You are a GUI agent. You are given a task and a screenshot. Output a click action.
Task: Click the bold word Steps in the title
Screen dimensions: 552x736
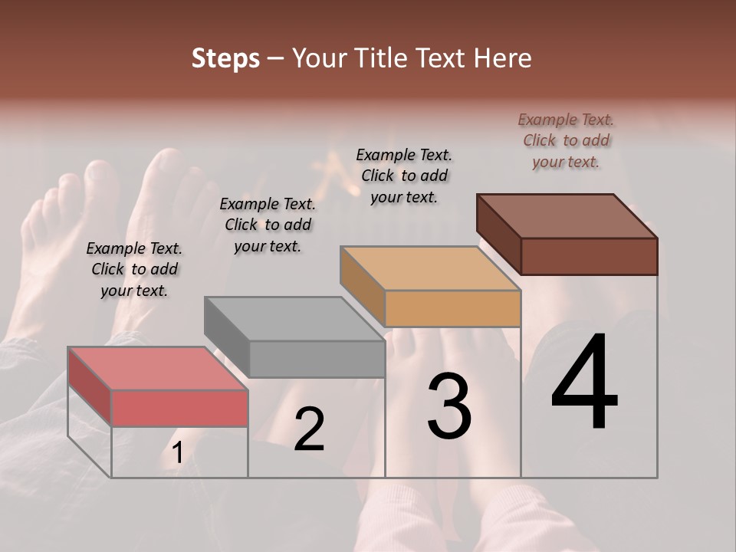[225, 58]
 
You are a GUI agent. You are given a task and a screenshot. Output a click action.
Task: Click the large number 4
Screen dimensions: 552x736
[584, 383]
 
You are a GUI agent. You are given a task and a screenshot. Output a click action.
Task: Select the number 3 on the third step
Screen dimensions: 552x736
[449, 406]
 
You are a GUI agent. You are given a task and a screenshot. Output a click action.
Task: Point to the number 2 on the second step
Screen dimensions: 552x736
[309, 429]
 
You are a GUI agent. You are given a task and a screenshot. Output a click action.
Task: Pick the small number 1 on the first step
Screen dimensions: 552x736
[177, 453]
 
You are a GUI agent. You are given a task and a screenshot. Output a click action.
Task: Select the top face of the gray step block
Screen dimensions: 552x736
[294, 318]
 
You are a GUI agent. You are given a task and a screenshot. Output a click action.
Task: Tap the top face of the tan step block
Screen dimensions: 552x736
[431, 268]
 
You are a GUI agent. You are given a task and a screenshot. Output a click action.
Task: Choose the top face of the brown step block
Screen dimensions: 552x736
[567, 216]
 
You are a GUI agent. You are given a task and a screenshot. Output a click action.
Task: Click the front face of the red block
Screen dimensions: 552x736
[179, 408]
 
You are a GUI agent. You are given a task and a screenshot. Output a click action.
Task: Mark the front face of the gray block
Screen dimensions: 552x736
[317, 359]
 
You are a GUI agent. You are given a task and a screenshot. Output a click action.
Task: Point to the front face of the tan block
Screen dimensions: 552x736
[452, 308]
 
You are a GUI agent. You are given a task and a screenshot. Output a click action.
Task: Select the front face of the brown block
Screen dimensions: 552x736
[589, 256]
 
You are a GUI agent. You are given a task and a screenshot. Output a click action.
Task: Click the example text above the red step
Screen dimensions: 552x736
[134, 270]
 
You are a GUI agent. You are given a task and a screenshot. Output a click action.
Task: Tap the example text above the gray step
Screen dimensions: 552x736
[268, 225]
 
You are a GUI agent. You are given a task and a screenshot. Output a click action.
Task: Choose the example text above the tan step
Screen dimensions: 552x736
[404, 176]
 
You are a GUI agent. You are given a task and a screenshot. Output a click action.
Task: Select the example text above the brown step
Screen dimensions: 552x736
[566, 140]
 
